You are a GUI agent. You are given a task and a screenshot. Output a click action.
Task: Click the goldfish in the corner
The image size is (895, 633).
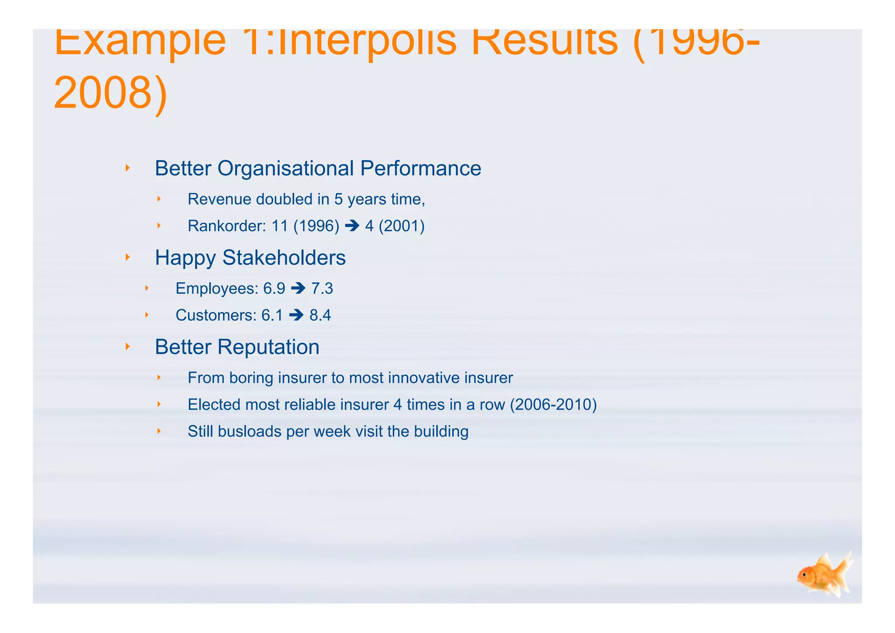[824, 575]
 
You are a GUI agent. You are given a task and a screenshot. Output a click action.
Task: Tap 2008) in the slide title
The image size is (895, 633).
[111, 93]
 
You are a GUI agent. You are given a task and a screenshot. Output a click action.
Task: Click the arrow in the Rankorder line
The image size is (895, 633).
[352, 226]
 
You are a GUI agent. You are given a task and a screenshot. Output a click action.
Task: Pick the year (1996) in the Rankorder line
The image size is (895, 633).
[316, 226]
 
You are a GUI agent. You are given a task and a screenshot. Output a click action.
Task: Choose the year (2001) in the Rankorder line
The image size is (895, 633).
[402, 226]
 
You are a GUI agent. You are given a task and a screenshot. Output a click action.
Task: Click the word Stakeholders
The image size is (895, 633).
[284, 257]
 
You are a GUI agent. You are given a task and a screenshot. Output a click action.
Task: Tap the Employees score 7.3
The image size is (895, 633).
[322, 289]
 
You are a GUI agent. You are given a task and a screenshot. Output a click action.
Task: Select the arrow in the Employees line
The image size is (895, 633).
[298, 289]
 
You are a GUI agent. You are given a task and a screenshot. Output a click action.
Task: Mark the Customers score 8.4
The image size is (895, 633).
[320, 315]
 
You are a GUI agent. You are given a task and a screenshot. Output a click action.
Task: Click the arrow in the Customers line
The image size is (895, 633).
[296, 315]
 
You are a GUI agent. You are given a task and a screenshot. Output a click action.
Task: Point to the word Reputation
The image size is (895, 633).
[268, 347]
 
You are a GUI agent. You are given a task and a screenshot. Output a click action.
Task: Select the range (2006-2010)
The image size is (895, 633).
[553, 405]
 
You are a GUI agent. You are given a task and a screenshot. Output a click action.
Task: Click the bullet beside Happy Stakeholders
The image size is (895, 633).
[128, 257]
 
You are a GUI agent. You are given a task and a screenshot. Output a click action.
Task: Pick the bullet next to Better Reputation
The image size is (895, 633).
[128, 347]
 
